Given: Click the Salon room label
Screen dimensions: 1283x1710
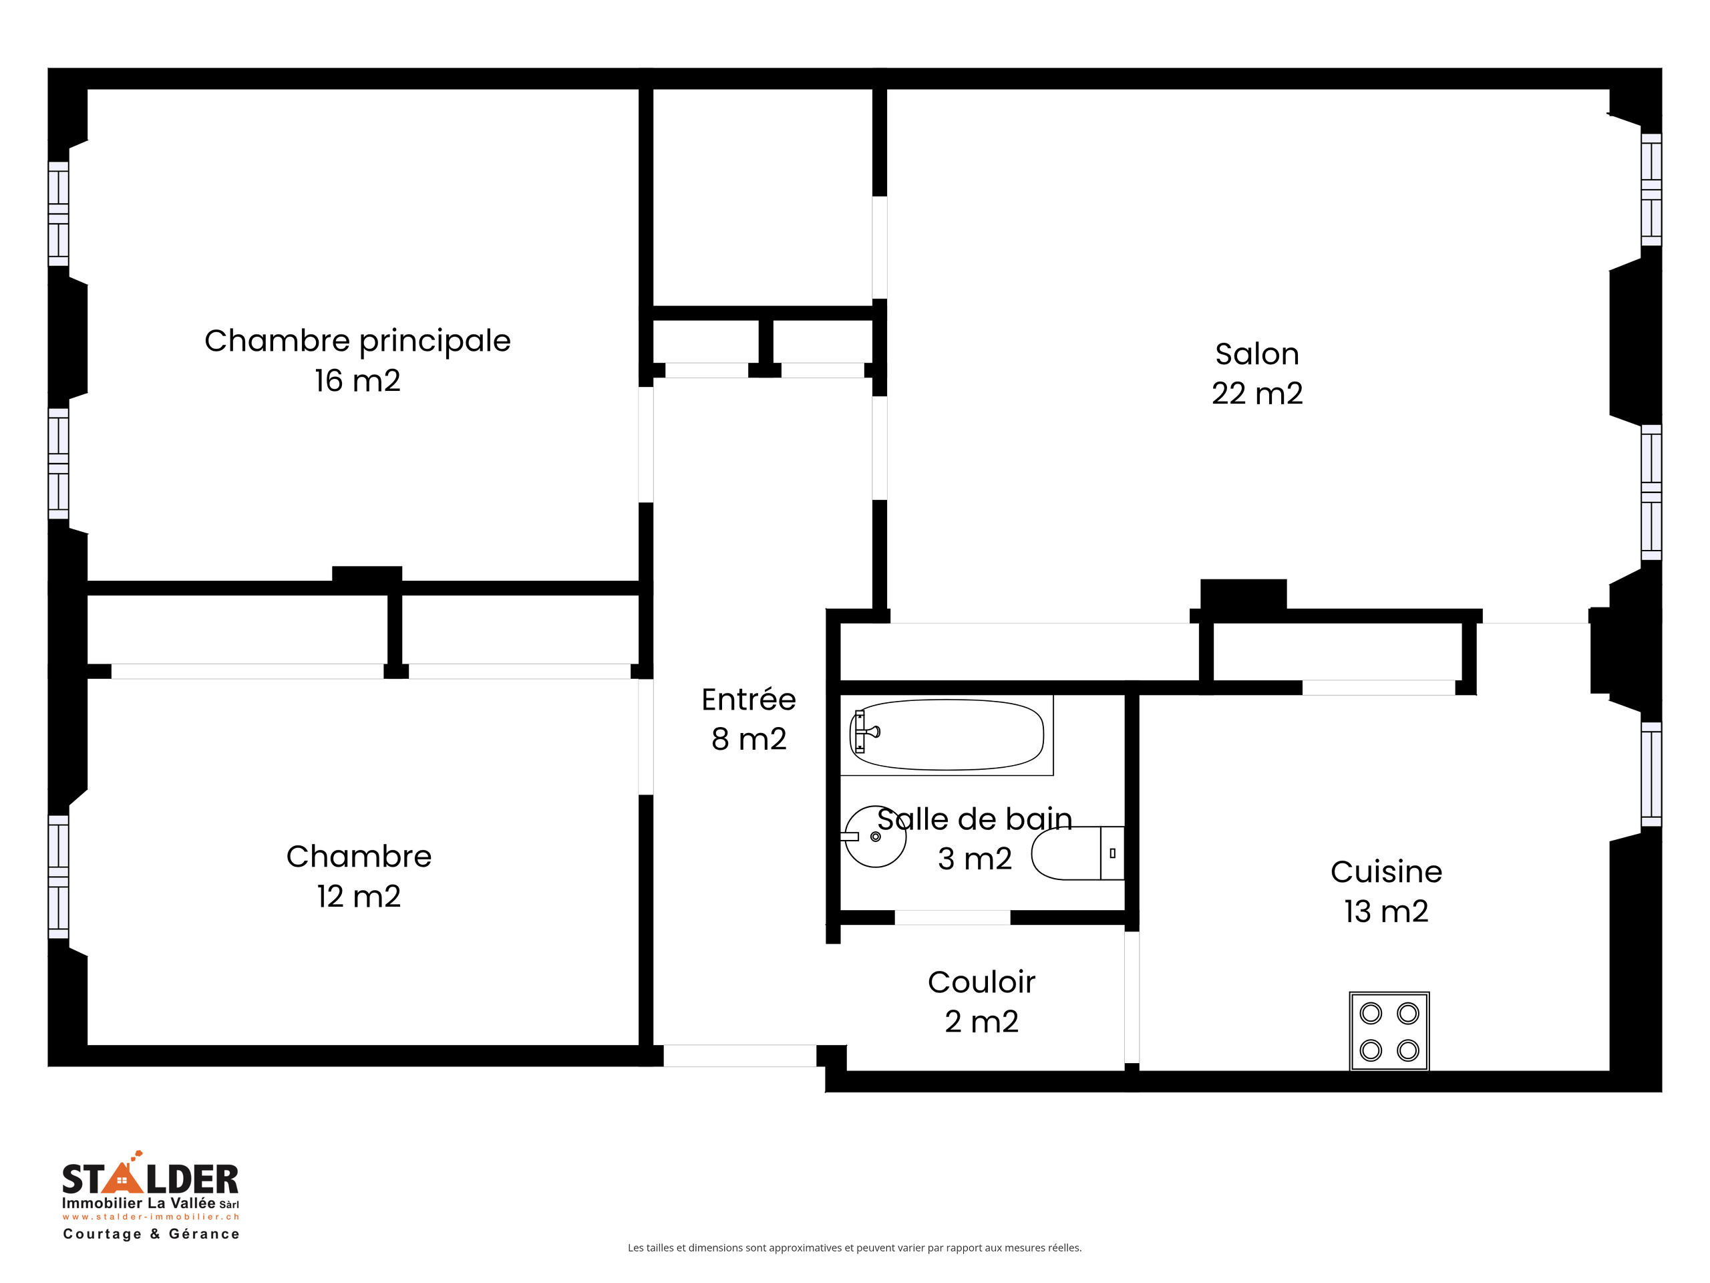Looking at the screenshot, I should coord(1256,354).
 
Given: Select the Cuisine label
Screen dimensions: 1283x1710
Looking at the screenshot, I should coord(1385,871).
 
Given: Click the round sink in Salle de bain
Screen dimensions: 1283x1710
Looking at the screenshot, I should coord(875,837).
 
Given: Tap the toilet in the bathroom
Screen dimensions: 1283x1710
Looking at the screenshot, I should coord(1076,853).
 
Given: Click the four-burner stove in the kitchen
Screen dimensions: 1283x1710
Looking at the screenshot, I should coord(1389,1031).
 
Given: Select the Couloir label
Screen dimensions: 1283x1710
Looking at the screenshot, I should coord(981,982).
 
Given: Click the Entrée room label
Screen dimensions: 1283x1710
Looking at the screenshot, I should coord(747,700).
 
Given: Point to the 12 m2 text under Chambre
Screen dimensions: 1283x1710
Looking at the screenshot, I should coord(359,896).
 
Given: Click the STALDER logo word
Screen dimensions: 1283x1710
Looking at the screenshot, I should coord(150,1179).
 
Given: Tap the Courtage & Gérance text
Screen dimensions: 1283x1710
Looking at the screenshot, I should coord(152,1234).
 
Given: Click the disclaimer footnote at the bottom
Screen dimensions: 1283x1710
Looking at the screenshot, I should coord(854,1248).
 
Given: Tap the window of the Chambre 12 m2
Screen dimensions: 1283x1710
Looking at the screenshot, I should coord(59,876).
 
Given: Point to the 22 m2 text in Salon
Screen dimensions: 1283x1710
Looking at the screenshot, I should coord(1256,394).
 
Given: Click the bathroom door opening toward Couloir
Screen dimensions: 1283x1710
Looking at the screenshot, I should coord(952,917).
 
